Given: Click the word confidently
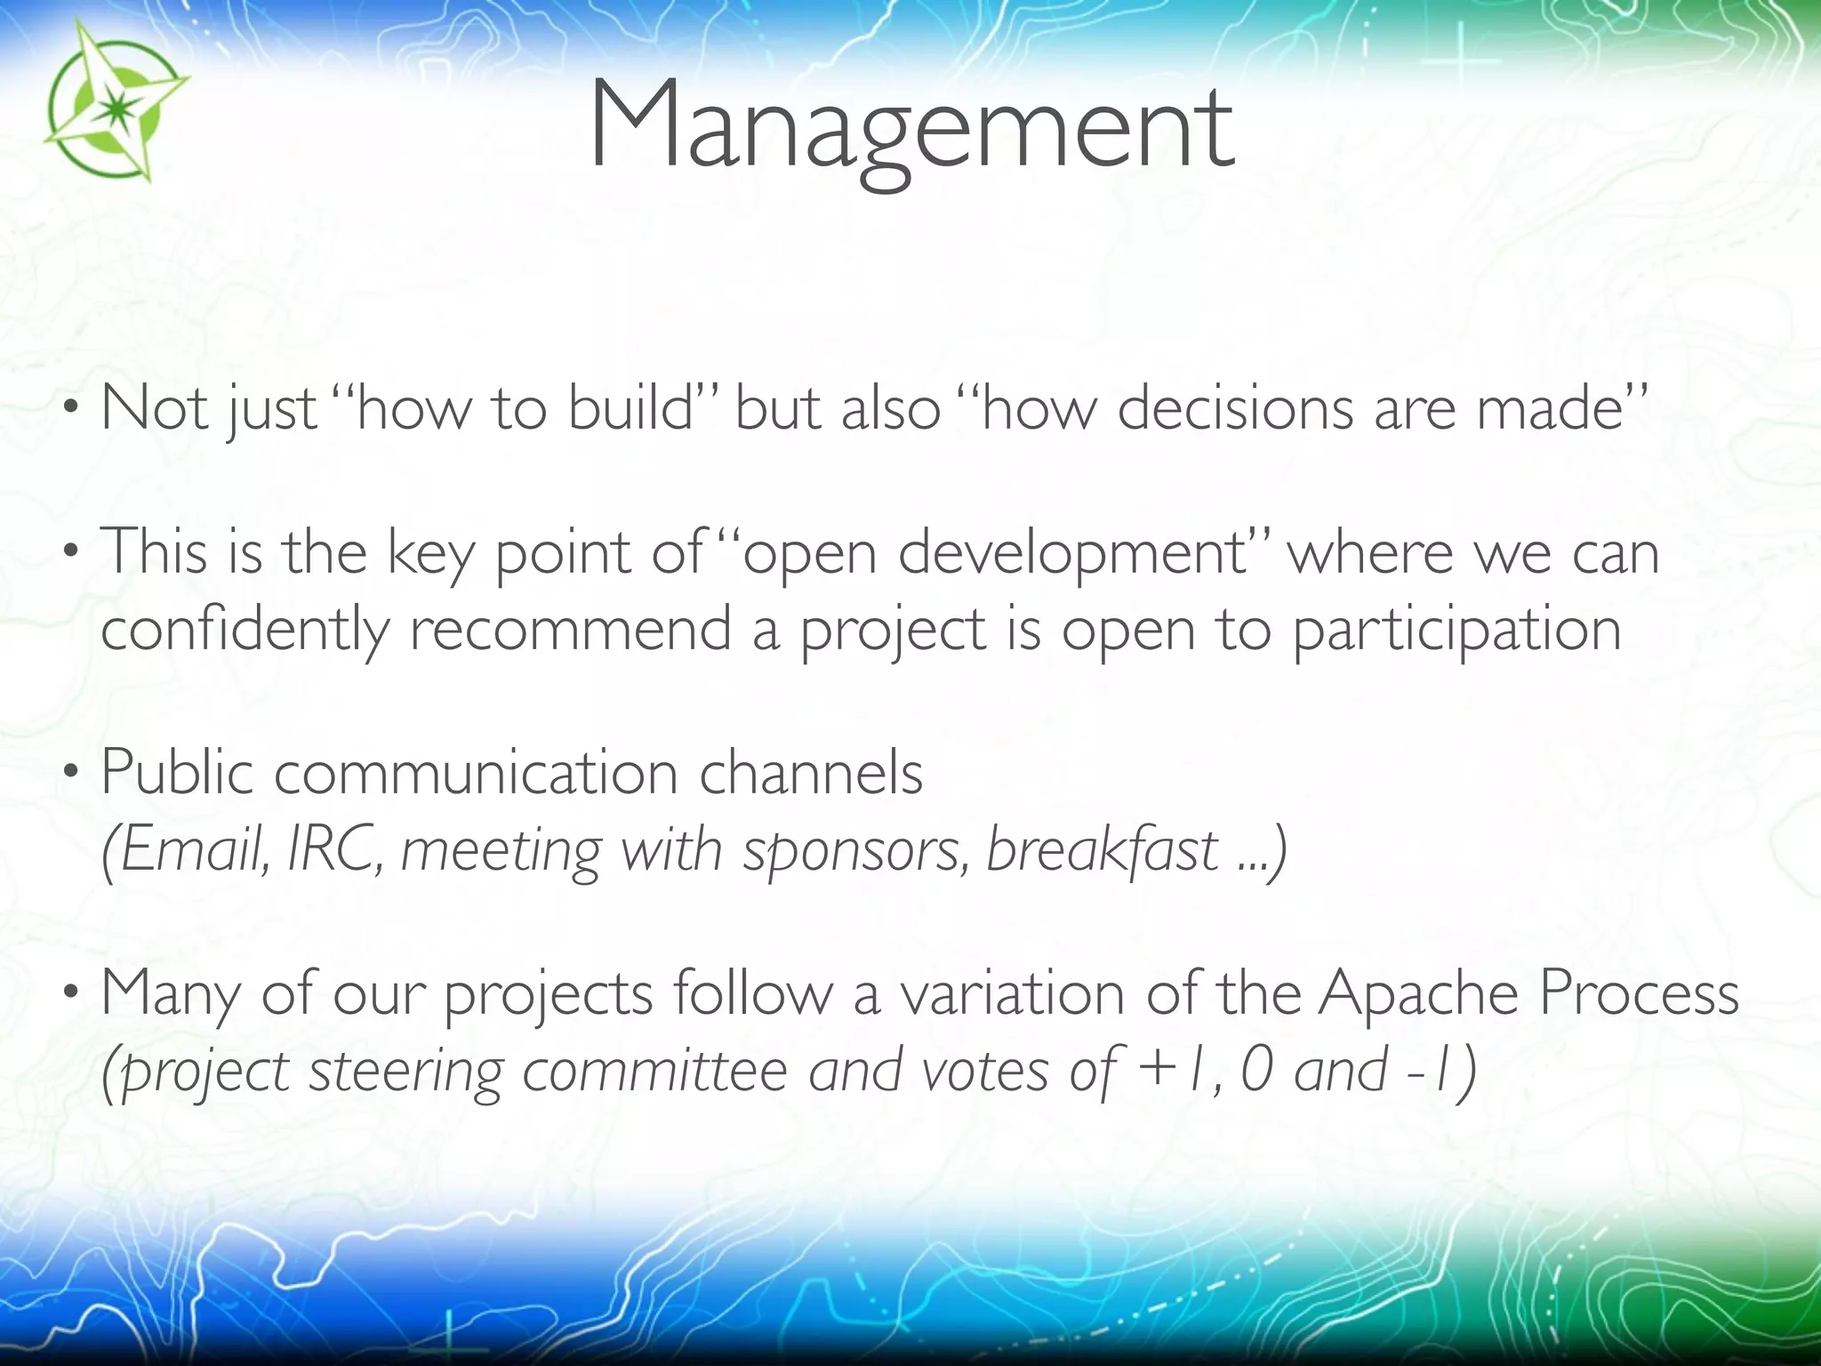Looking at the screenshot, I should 245,630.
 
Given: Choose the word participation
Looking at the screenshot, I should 1456,630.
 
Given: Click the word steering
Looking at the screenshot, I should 405,1071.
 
